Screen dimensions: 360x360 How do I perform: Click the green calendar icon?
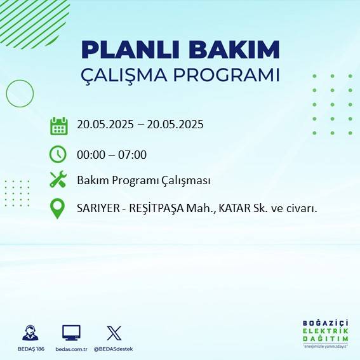pos(58,126)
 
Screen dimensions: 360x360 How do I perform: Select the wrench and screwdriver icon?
pos(58,180)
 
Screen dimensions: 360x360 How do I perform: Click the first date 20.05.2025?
pos(105,124)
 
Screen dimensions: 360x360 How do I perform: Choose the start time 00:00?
pos(90,154)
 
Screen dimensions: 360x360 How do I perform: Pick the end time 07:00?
pos(133,154)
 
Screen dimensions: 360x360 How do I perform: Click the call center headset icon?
pos(30,333)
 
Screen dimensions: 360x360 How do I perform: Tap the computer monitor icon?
pos(71,333)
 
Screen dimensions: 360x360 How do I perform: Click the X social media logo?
pos(114,333)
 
